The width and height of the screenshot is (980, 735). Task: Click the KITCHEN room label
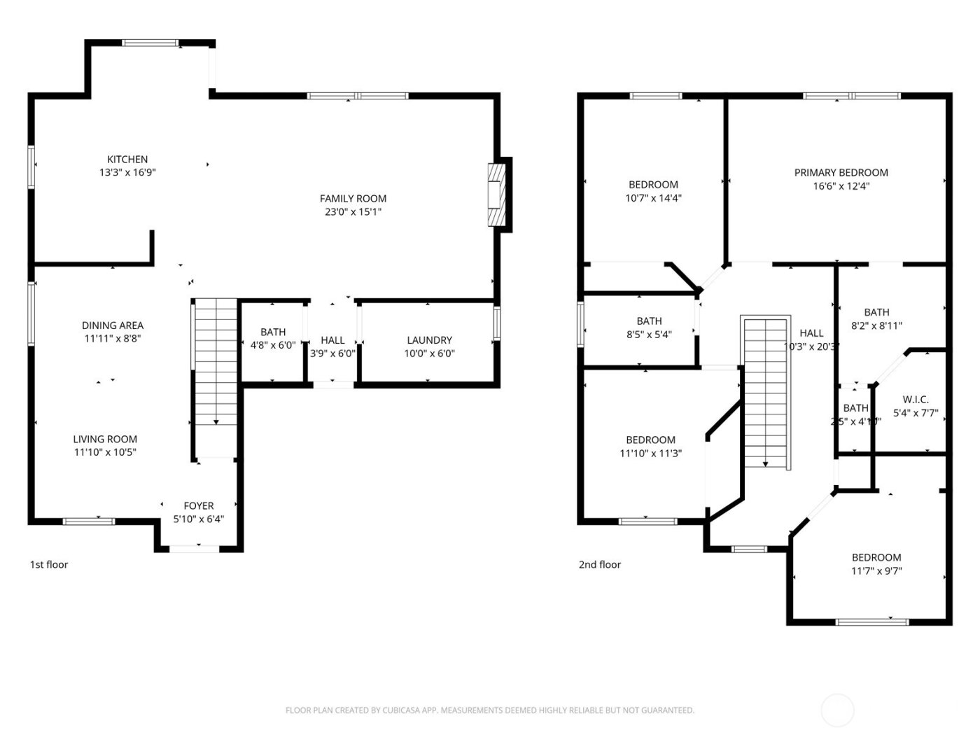(127, 160)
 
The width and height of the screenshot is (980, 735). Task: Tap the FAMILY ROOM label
(353, 199)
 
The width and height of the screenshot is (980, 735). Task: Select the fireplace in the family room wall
(496, 195)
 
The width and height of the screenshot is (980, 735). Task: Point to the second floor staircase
(766, 392)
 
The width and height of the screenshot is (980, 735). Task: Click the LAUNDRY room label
(429, 340)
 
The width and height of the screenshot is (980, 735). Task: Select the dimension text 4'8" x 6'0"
(273, 345)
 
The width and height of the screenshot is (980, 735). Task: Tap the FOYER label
(199, 506)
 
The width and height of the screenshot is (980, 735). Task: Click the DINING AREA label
(113, 325)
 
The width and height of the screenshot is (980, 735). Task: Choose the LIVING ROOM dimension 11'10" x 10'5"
(106, 453)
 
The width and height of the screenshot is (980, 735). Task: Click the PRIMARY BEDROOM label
(841, 173)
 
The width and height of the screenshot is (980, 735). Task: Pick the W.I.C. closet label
(915, 400)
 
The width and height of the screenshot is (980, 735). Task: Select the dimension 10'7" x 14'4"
(653, 198)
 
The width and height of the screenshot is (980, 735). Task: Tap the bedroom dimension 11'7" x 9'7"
(876, 570)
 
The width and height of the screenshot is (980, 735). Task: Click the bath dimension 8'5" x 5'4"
(649, 335)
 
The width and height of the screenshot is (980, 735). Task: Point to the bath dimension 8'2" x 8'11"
(876, 325)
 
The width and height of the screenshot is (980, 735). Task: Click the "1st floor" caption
(49, 565)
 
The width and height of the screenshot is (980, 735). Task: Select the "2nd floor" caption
(600, 565)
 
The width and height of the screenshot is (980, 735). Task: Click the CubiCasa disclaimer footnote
(490, 710)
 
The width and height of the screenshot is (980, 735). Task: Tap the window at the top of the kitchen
(150, 43)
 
